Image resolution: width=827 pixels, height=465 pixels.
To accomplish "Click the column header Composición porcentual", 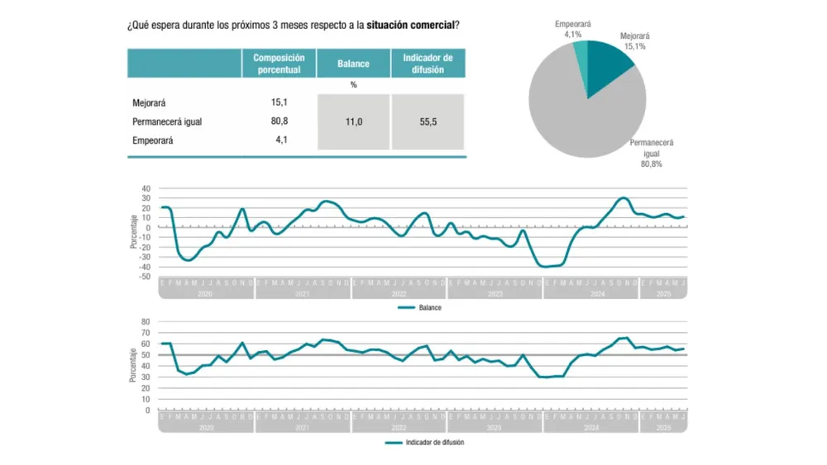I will point(279,64).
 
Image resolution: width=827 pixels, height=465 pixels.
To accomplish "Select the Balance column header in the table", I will point(353,64).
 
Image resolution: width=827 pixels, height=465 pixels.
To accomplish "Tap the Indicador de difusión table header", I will point(428,64).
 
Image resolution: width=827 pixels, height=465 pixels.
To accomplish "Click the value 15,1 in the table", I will point(279,103).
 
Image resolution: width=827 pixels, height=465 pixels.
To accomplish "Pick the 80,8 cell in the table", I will point(279,121).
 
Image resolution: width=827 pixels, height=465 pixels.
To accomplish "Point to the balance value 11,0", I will point(353,122).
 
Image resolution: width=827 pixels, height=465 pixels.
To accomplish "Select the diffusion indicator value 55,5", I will point(428,122).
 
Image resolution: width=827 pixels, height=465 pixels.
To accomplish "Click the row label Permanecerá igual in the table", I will point(167,121).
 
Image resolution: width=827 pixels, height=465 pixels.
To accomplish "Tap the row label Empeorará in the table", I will point(153,140).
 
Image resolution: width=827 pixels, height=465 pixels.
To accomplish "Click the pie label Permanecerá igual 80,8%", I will point(652,153).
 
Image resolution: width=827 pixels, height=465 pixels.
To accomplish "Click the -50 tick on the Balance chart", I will point(144,277).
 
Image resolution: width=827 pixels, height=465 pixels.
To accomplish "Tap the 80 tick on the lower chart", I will point(146,321).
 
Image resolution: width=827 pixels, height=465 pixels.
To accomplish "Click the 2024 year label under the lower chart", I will point(591,428).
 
